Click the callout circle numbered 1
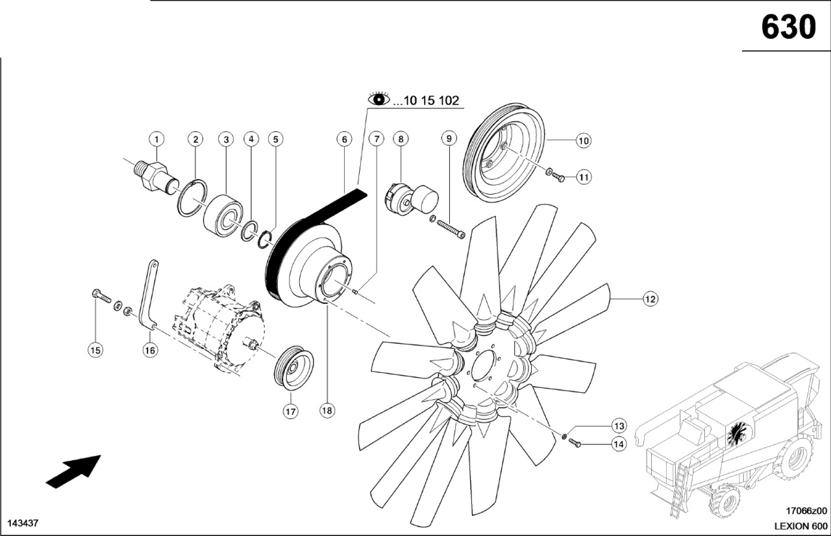[x=156, y=138]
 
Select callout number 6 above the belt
[x=344, y=138]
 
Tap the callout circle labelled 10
[x=583, y=140]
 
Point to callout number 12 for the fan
[x=651, y=298]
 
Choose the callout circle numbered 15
[x=95, y=350]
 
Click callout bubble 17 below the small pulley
[x=290, y=411]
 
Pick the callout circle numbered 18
[x=328, y=411]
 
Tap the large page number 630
[x=788, y=27]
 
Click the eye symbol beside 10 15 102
[x=379, y=99]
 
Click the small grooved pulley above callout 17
[x=294, y=370]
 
